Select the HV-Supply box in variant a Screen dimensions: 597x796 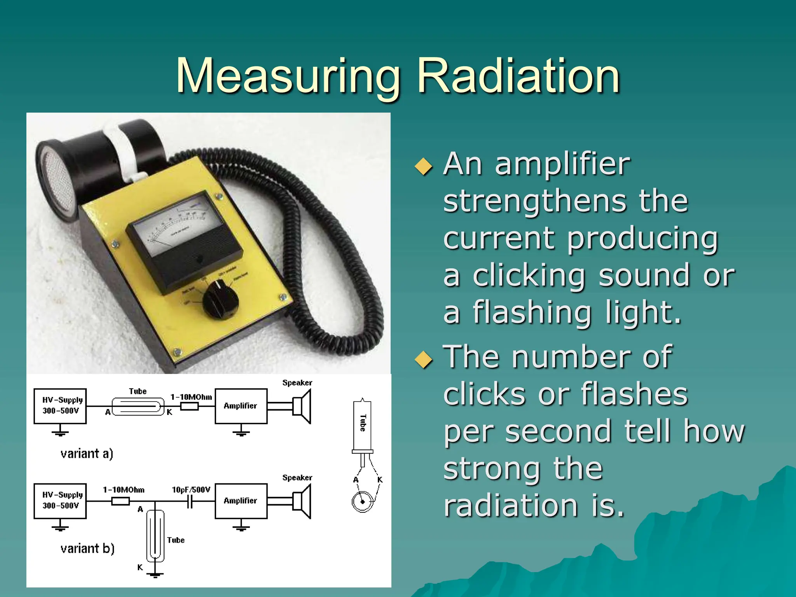[x=60, y=406]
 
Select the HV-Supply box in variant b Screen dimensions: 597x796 [x=60, y=501]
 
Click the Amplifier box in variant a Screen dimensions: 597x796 [x=241, y=406]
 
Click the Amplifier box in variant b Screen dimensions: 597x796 [x=241, y=501]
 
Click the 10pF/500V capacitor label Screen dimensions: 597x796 [x=191, y=490]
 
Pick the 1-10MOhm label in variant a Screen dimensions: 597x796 [x=191, y=397]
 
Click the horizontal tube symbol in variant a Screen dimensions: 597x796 [x=138, y=407]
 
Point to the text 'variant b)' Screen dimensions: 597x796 [x=87, y=548]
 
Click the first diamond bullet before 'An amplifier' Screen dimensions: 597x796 [x=423, y=166]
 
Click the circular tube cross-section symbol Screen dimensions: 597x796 [x=363, y=501]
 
